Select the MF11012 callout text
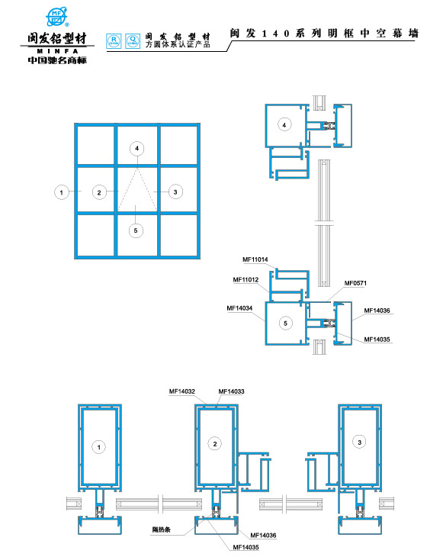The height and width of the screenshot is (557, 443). [246, 280]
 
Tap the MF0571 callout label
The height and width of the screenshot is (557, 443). [355, 283]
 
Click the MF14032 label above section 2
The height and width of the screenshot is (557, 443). [182, 391]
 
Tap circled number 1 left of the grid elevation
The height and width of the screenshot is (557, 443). [60, 192]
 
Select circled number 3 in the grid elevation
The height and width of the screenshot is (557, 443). [175, 192]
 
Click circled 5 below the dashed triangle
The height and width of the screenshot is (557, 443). [136, 229]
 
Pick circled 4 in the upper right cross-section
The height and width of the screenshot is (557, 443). [284, 124]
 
